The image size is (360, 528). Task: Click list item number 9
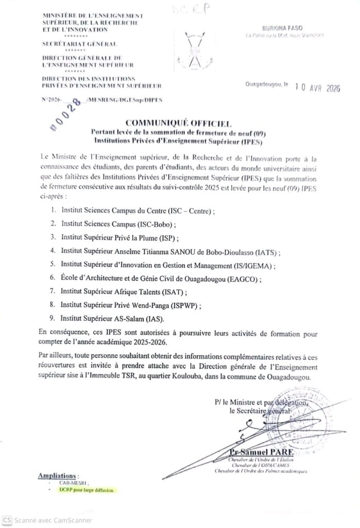coord(53,318)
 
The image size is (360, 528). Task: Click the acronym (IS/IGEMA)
coord(255,265)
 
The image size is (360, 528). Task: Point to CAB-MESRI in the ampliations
coord(71,482)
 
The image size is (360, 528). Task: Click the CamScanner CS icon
coord(7,520)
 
